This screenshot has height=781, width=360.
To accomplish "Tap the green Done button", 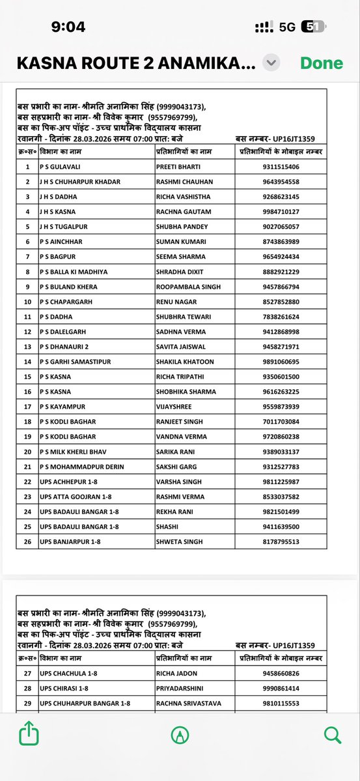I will [x=321, y=63].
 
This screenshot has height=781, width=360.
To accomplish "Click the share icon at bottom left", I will [x=29, y=735].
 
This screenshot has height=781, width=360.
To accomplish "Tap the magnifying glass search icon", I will [x=332, y=735].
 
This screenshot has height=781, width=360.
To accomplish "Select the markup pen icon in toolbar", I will [x=180, y=735].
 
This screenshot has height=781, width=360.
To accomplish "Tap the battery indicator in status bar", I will [x=327, y=27].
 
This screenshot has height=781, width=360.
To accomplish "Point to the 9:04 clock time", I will [x=68, y=27].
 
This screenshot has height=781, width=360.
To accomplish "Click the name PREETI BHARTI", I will [x=176, y=167].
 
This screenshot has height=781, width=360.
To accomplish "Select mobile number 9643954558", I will [x=277, y=182].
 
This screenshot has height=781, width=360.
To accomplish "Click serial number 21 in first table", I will [x=27, y=467].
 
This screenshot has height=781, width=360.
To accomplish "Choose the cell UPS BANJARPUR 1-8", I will [x=70, y=541].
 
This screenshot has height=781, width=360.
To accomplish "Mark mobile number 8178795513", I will [x=277, y=541].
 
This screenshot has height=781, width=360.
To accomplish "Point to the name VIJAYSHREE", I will [x=175, y=407].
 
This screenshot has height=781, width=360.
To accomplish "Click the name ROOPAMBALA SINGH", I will [x=188, y=286].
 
